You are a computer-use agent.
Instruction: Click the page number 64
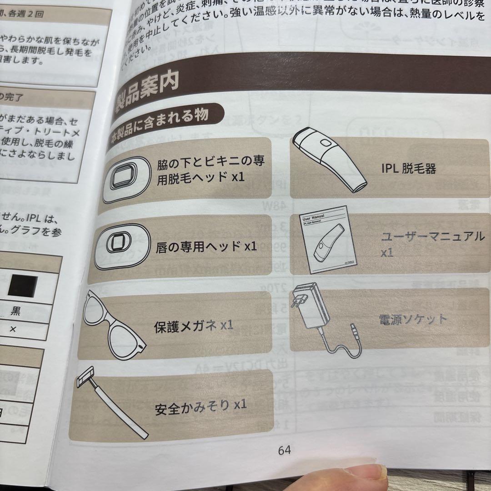coord(284,450)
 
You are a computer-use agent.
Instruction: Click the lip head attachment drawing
coord(121,246)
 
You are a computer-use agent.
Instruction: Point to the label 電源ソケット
coord(412,319)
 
